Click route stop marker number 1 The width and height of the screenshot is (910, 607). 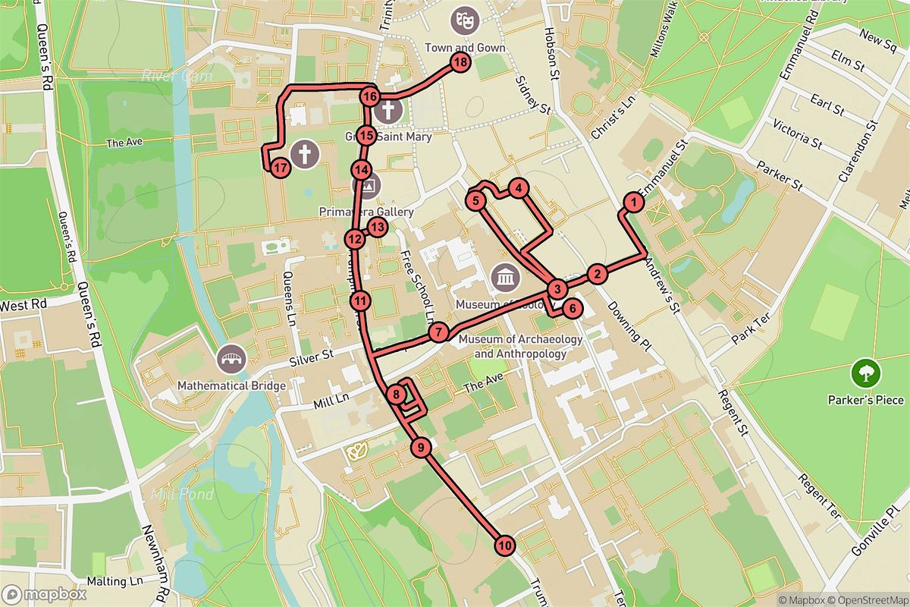click(632, 202)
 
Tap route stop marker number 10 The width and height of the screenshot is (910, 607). click(504, 545)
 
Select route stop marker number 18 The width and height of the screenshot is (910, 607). click(460, 63)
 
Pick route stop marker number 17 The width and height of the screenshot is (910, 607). click(280, 168)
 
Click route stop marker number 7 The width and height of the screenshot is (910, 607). click(438, 332)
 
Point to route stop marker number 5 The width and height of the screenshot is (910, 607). click(475, 201)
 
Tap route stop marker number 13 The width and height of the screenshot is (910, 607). click(377, 225)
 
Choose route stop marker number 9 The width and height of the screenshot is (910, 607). click(422, 448)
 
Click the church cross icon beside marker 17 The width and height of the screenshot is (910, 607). click(305, 155)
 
